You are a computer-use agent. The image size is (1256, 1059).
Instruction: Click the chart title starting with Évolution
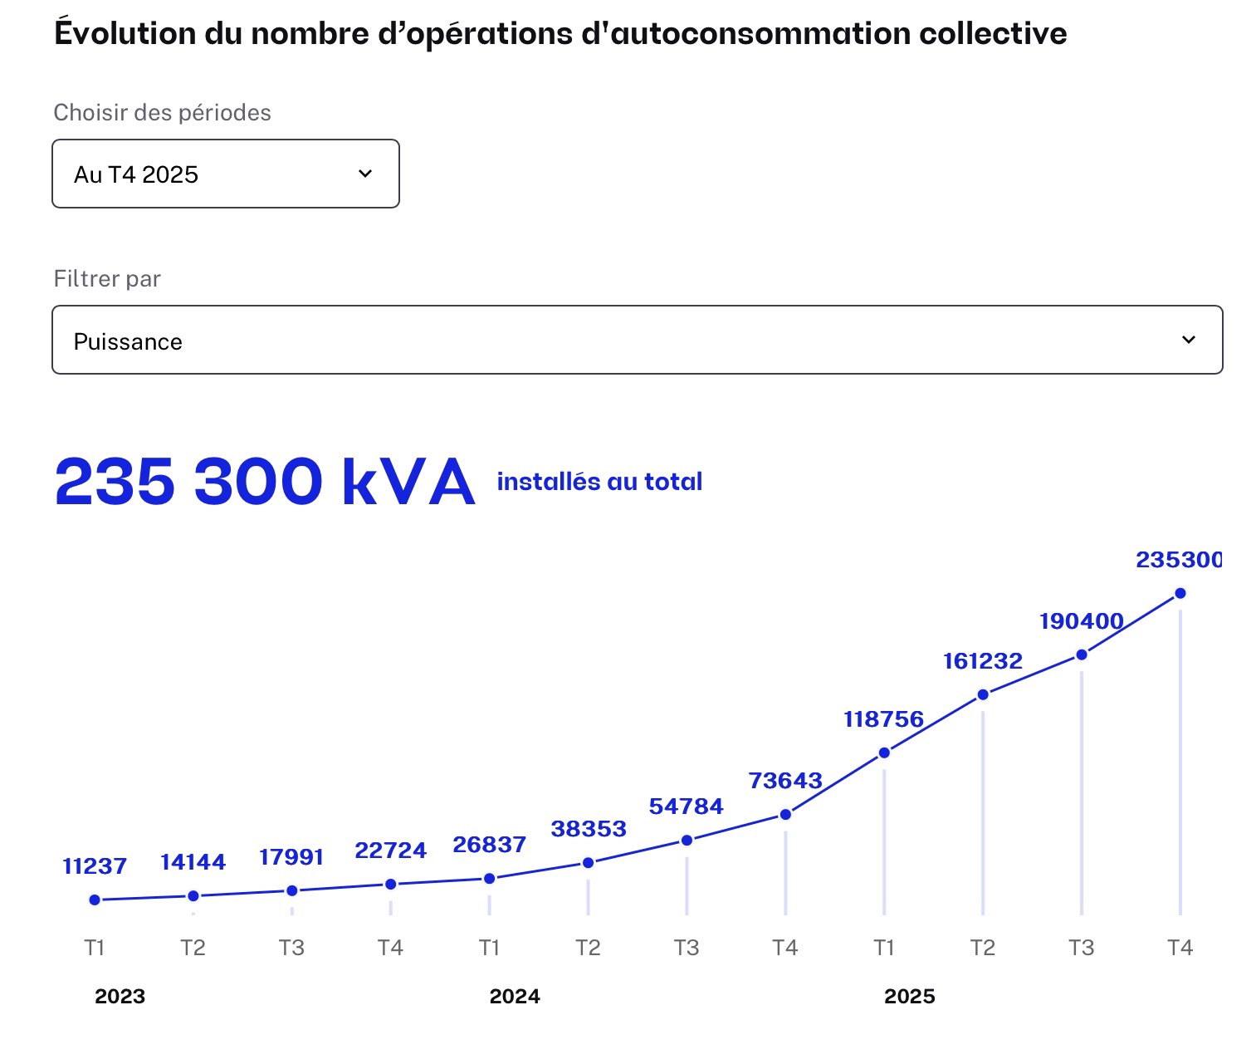click(x=560, y=34)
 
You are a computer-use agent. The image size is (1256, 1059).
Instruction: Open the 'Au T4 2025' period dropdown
click(x=226, y=174)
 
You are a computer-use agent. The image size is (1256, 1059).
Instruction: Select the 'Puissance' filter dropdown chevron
click(x=1189, y=340)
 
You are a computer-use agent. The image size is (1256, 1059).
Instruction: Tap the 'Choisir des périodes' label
click(x=162, y=113)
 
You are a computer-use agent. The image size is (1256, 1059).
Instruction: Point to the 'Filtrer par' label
click(x=107, y=279)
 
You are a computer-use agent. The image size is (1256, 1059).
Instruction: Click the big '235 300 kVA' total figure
click(x=264, y=482)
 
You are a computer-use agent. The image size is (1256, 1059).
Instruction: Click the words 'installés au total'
click(x=599, y=482)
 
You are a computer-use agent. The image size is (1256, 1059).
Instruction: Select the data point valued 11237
click(x=95, y=900)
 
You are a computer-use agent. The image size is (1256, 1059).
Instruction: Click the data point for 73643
click(x=785, y=815)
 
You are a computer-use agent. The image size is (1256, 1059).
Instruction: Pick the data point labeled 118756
click(x=884, y=753)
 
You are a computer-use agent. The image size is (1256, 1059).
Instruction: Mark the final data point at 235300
click(x=1180, y=593)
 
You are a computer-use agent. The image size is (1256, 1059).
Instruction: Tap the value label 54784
click(x=686, y=807)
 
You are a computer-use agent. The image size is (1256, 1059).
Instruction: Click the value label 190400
click(x=1081, y=621)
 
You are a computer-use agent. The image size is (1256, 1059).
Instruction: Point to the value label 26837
click(x=489, y=845)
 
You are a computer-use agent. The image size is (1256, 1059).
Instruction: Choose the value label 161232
click(x=983, y=661)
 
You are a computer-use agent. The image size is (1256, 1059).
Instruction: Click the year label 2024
click(x=515, y=997)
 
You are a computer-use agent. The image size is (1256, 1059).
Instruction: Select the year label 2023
click(x=120, y=997)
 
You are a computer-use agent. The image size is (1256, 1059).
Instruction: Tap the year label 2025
click(x=910, y=997)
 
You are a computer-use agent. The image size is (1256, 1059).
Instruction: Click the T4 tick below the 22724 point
click(x=390, y=948)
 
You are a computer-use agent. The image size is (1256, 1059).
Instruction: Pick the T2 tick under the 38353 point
click(x=588, y=948)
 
